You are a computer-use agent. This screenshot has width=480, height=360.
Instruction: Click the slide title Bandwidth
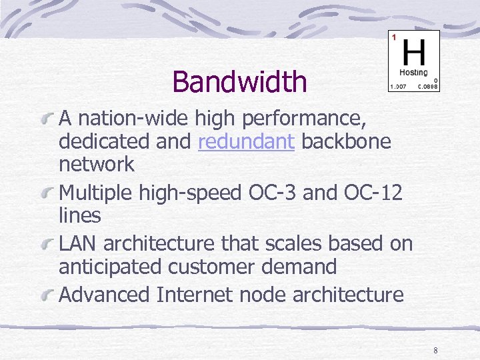[x=239, y=82]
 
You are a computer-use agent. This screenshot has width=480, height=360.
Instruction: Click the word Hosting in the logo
[x=413, y=72]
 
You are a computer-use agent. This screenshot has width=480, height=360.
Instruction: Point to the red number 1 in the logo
[x=394, y=37]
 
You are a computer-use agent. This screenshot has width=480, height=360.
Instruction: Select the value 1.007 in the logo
[x=398, y=87]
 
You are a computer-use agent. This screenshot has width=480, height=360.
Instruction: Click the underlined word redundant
[x=246, y=141]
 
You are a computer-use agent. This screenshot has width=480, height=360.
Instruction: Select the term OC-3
[x=271, y=193]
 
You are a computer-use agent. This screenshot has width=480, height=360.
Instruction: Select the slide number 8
[x=435, y=351]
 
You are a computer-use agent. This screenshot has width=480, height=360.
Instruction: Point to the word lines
[x=79, y=216]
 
